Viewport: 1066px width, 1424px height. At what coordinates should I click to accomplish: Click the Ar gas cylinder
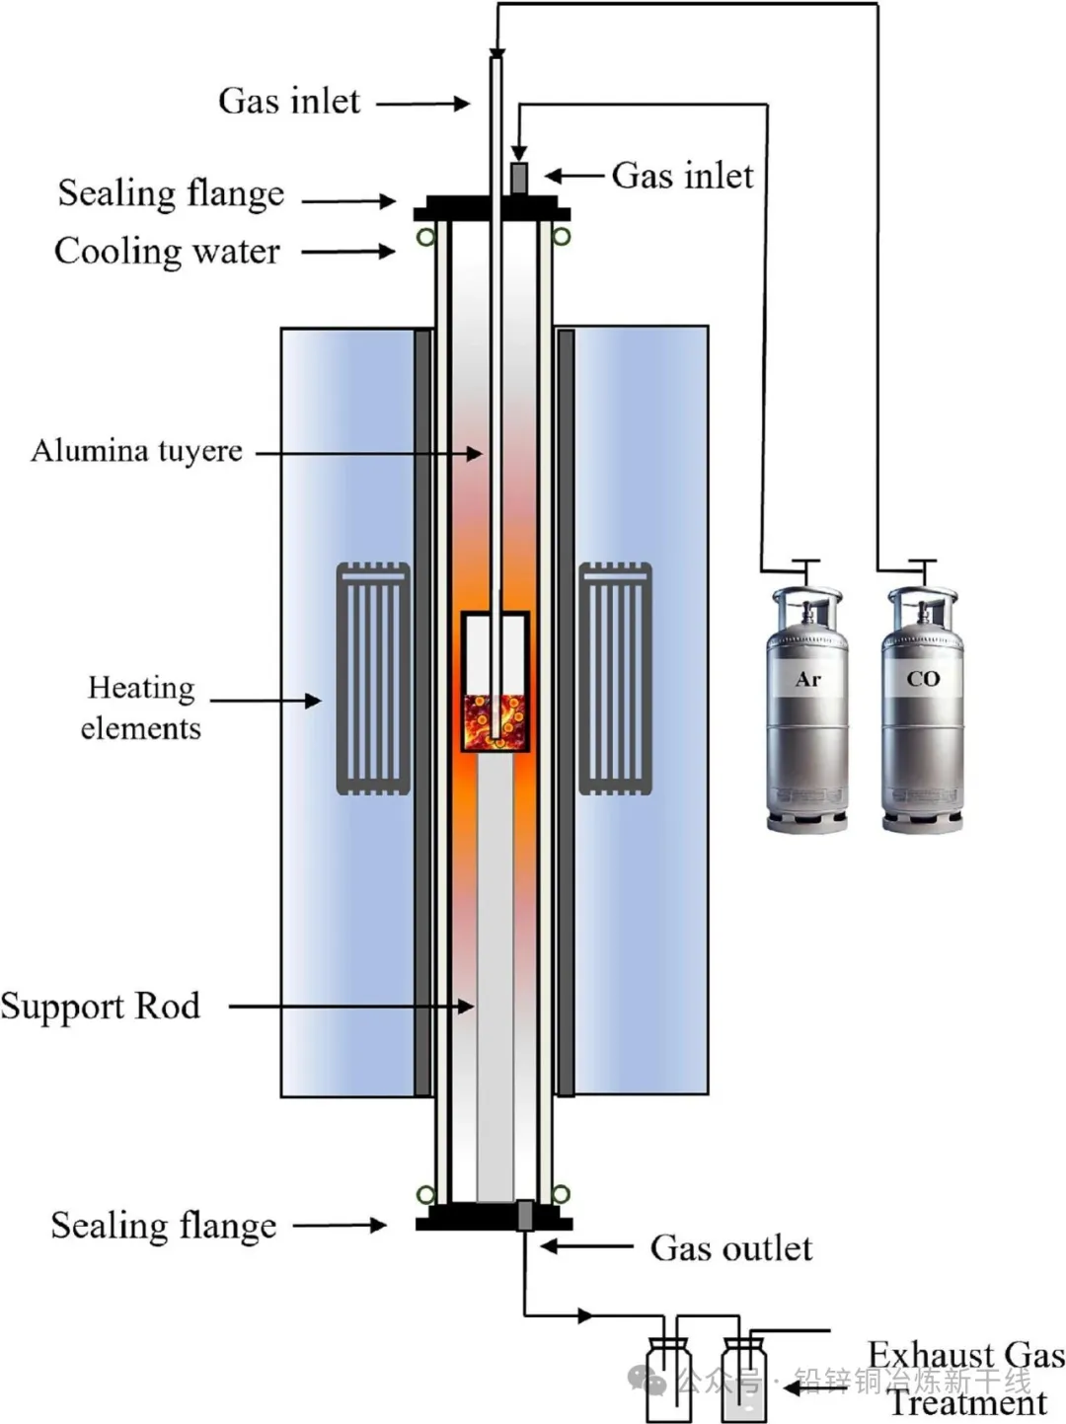(807, 711)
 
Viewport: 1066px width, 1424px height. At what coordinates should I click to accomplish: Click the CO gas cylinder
(922, 711)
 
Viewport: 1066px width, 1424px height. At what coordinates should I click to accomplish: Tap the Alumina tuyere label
(136, 451)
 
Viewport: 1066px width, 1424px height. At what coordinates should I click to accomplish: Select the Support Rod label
(101, 1006)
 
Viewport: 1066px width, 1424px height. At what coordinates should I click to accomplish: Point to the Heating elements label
(140, 708)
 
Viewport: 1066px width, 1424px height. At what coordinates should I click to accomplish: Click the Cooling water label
(167, 252)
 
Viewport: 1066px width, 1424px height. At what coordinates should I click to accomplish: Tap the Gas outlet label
(730, 1248)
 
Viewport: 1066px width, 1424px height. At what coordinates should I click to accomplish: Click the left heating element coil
(373, 679)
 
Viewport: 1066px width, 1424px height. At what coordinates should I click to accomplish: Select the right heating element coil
(614, 679)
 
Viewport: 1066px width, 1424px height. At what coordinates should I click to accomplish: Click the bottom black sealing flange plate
(491, 1224)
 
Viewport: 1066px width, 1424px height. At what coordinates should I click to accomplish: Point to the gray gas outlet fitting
(525, 1215)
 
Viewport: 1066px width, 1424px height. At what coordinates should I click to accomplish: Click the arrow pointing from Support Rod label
(351, 1007)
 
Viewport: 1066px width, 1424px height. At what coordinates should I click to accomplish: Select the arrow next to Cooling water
(347, 252)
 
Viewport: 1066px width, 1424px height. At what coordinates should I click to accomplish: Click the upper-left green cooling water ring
(425, 237)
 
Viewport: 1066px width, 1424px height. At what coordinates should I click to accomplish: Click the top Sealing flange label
(171, 193)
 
